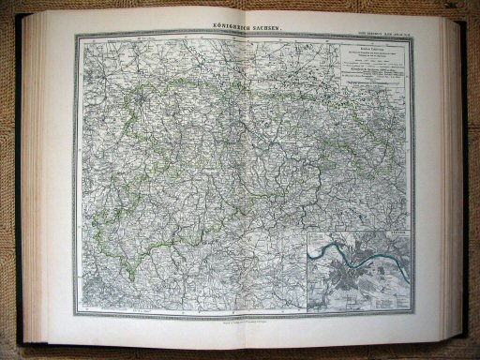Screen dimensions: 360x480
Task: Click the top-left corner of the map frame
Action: pos(76,37)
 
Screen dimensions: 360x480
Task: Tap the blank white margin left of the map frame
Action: pos(60,178)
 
